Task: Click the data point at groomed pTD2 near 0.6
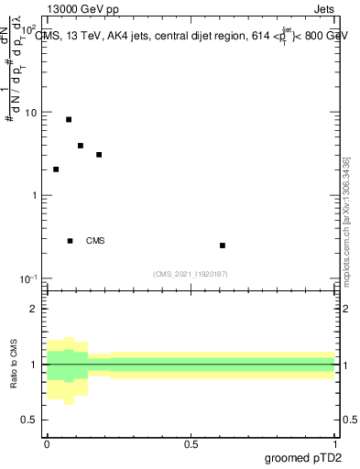[223, 245]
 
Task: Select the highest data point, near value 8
[69, 119]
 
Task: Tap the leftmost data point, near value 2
[56, 169]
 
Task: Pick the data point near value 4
[81, 146]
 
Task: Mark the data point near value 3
[99, 155]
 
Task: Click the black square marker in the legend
[71, 241]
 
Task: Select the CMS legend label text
[95, 241]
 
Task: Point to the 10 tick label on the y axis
[31, 113]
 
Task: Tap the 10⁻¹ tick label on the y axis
[29, 278]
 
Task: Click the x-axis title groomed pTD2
[304, 458]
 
